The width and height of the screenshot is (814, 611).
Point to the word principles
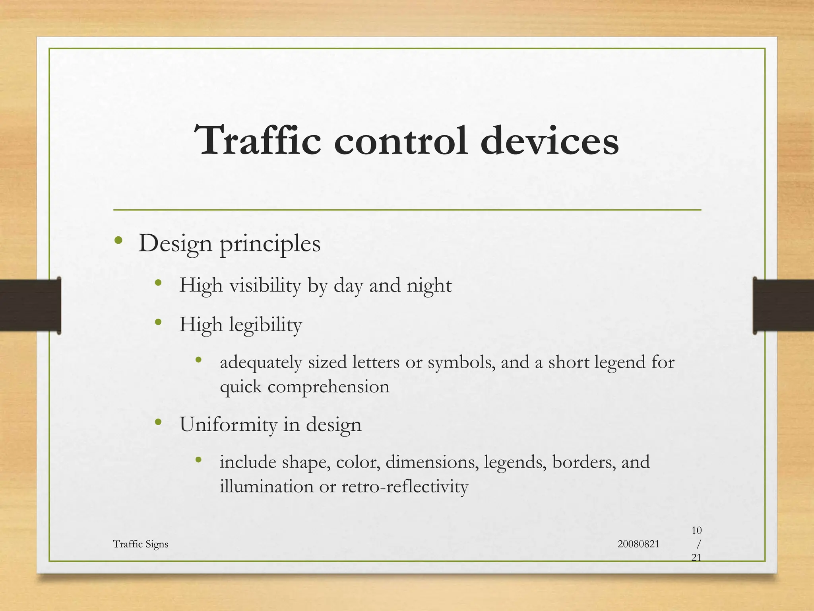click(270, 244)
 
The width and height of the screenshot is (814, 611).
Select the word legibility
click(265, 325)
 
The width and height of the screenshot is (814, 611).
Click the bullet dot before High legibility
click(158, 322)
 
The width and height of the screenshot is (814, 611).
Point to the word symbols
click(461, 362)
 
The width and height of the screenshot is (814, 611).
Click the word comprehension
click(328, 387)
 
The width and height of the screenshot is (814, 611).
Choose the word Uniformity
click(228, 424)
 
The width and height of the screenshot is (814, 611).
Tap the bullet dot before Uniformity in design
click(158, 422)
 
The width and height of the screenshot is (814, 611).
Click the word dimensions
click(432, 462)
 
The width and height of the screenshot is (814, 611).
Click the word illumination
click(266, 486)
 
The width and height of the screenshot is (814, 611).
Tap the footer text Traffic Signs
click(140, 544)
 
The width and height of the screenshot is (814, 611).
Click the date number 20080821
click(638, 544)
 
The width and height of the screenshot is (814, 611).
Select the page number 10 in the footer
click(696, 531)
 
